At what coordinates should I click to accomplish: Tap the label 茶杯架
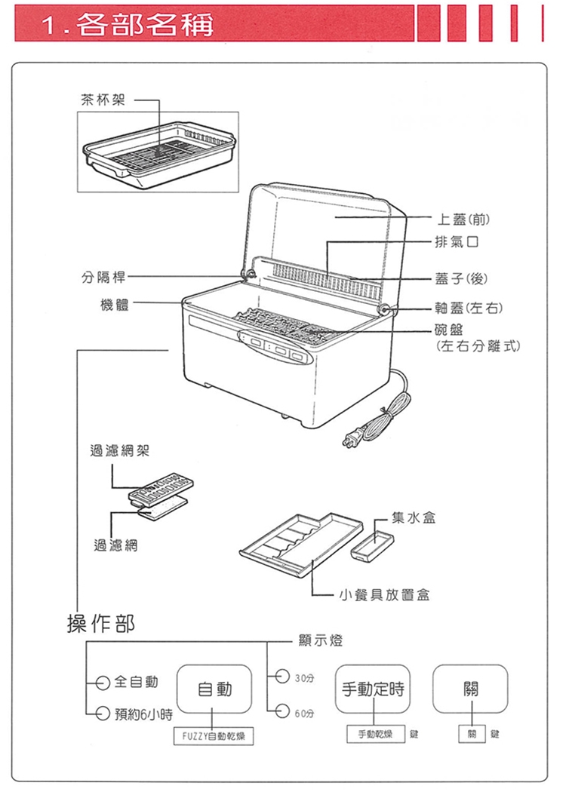tap(104, 99)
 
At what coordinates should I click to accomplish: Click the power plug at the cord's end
tap(352, 440)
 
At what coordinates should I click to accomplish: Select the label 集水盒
tap(413, 519)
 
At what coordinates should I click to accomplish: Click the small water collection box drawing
tap(371, 545)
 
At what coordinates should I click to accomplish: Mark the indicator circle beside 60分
tap(281, 710)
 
